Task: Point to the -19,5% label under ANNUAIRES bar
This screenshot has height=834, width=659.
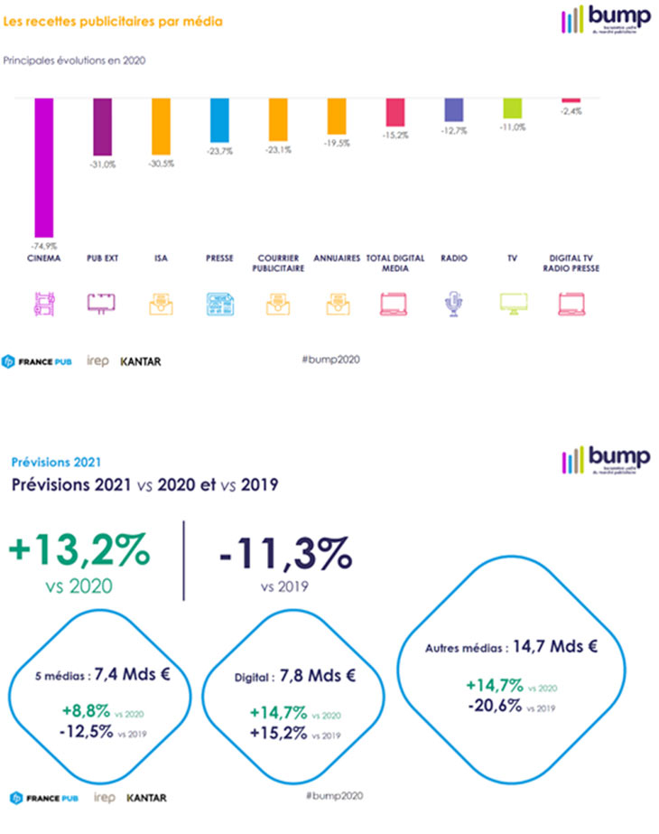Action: pos(337,143)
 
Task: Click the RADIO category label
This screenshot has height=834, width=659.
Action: pos(453,258)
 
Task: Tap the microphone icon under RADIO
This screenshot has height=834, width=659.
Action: pos(453,305)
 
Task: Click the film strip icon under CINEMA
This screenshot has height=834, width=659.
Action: pos(43,305)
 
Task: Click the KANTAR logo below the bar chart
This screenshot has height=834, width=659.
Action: pos(141,361)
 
